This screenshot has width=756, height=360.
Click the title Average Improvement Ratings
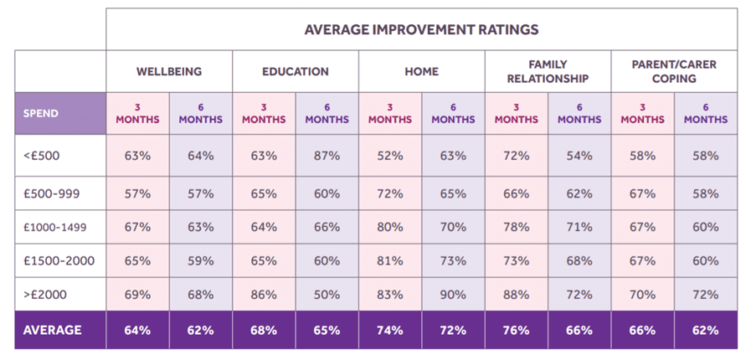point(421,29)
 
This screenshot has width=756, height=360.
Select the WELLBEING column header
point(169,71)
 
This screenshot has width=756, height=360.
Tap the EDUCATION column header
point(296,71)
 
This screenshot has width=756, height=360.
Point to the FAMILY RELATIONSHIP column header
point(548,71)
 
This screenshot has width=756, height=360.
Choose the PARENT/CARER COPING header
point(674,71)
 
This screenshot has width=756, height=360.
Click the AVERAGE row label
point(52,330)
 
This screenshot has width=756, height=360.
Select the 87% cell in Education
point(327,155)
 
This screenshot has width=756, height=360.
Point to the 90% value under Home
point(453,295)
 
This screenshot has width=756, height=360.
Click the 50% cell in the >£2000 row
point(327,295)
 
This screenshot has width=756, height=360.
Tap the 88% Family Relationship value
point(516,295)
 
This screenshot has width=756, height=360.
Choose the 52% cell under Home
point(389,155)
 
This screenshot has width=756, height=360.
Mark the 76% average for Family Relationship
point(516,330)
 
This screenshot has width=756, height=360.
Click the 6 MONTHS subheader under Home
point(453,113)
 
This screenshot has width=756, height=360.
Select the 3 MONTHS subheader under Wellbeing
point(137,113)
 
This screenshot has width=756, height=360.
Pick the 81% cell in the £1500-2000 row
point(389,260)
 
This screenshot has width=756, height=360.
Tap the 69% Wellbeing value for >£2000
point(137,295)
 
